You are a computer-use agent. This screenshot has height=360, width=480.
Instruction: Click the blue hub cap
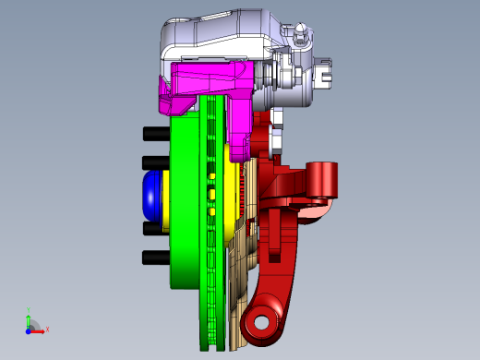pyautogui.click(x=150, y=193)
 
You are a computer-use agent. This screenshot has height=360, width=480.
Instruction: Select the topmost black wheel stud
pyautogui.click(x=153, y=134)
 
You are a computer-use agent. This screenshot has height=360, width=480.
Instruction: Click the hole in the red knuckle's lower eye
pyautogui.click(x=261, y=323)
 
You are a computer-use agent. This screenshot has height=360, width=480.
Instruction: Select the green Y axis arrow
pyautogui.click(x=29, y=318)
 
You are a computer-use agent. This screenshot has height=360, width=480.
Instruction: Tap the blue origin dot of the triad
pyautogui.click(x=28, y=330)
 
